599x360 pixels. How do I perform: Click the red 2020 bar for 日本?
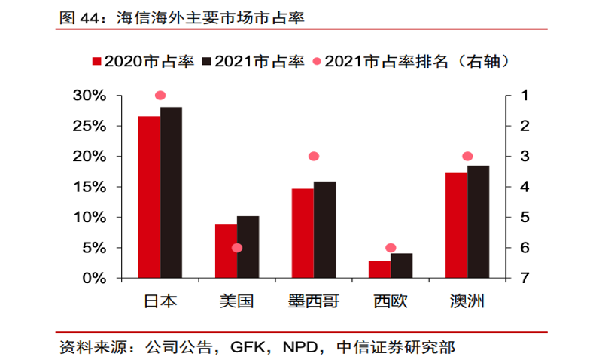point(149,197)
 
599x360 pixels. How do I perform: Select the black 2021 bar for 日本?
point(171,193)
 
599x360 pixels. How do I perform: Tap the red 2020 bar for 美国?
point(226,252)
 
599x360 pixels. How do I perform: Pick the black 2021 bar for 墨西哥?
point(324,230)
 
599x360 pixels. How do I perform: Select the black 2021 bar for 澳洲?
point(478,222)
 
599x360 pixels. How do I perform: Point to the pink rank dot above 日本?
point(160,96)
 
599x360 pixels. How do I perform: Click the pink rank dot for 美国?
point(237,248)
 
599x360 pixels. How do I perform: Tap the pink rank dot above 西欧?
point(391,248)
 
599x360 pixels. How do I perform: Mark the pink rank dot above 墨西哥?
point(314,157)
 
